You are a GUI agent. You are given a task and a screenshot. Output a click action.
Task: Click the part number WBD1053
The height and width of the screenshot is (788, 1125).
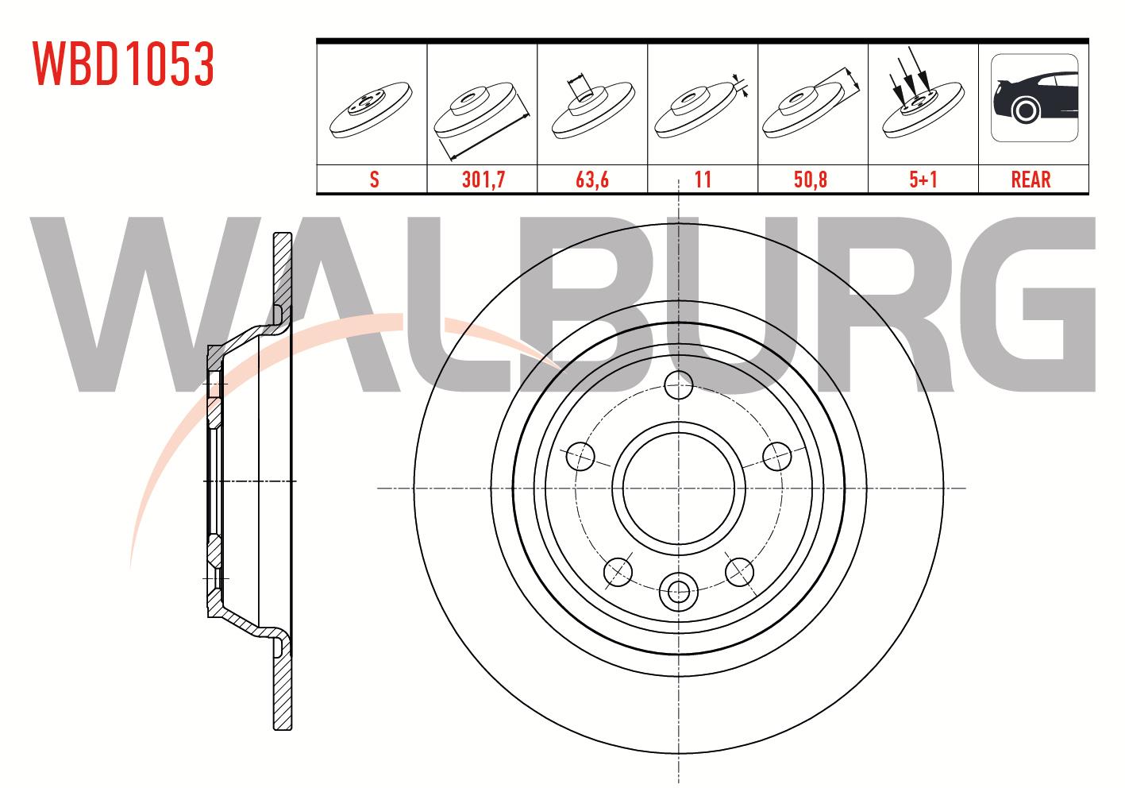coord(124,64)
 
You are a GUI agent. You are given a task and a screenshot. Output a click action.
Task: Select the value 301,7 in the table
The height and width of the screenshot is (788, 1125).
coord(484,180)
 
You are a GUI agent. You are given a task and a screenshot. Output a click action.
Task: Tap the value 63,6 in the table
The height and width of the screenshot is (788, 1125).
coord(592,180)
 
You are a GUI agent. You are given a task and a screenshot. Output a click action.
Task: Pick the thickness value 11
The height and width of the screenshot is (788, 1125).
coord(703,180)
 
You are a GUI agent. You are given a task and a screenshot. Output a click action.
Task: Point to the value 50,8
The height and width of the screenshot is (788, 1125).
coord(811,180)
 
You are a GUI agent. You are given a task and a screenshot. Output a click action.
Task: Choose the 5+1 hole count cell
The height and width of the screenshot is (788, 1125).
coord(923,180)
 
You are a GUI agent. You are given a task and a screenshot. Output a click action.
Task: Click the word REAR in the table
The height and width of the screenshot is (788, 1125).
coord(1031,180)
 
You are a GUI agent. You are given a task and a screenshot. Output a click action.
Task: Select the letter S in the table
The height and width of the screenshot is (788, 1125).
coord(374,180)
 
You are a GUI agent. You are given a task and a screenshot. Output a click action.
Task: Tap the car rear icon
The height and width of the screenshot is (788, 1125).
coord(1034,98)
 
